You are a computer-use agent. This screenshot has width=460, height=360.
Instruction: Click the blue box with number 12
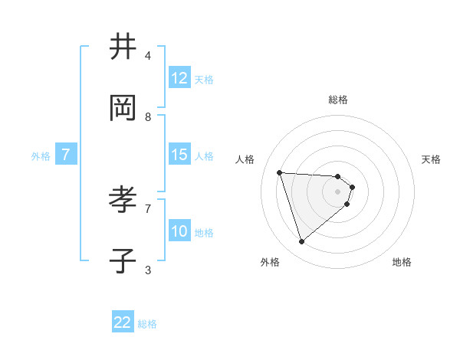(x=179, y=78)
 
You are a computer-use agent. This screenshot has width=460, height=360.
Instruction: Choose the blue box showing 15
(x=179, y=155)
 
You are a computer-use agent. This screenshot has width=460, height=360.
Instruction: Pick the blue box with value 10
(x=179, y=231)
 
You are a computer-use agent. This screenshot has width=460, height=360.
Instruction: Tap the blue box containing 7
(x=66, y=155)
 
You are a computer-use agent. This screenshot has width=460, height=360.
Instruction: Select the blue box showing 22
(x=123, y=322)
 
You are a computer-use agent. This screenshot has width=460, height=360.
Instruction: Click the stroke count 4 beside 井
(x=148, y=56)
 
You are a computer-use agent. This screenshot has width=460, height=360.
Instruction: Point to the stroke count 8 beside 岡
(x=148, y=117)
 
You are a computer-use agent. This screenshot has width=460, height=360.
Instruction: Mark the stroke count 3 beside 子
(x=148, y=270)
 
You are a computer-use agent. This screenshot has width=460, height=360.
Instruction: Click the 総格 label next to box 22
(x=148, y=324)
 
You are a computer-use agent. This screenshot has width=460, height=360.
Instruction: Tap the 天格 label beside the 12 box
(x=204, y=79)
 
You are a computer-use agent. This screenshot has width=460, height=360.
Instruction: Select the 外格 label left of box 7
(x=41, y=155)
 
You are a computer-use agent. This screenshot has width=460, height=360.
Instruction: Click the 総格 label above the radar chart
(x=338, y=100)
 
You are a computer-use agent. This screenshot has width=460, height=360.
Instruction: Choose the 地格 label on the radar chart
(x=402, y=262)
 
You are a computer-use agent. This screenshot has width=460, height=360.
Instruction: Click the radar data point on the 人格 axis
(x=280, y=172)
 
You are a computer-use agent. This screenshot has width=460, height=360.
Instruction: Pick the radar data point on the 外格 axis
(x=301, y=242)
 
